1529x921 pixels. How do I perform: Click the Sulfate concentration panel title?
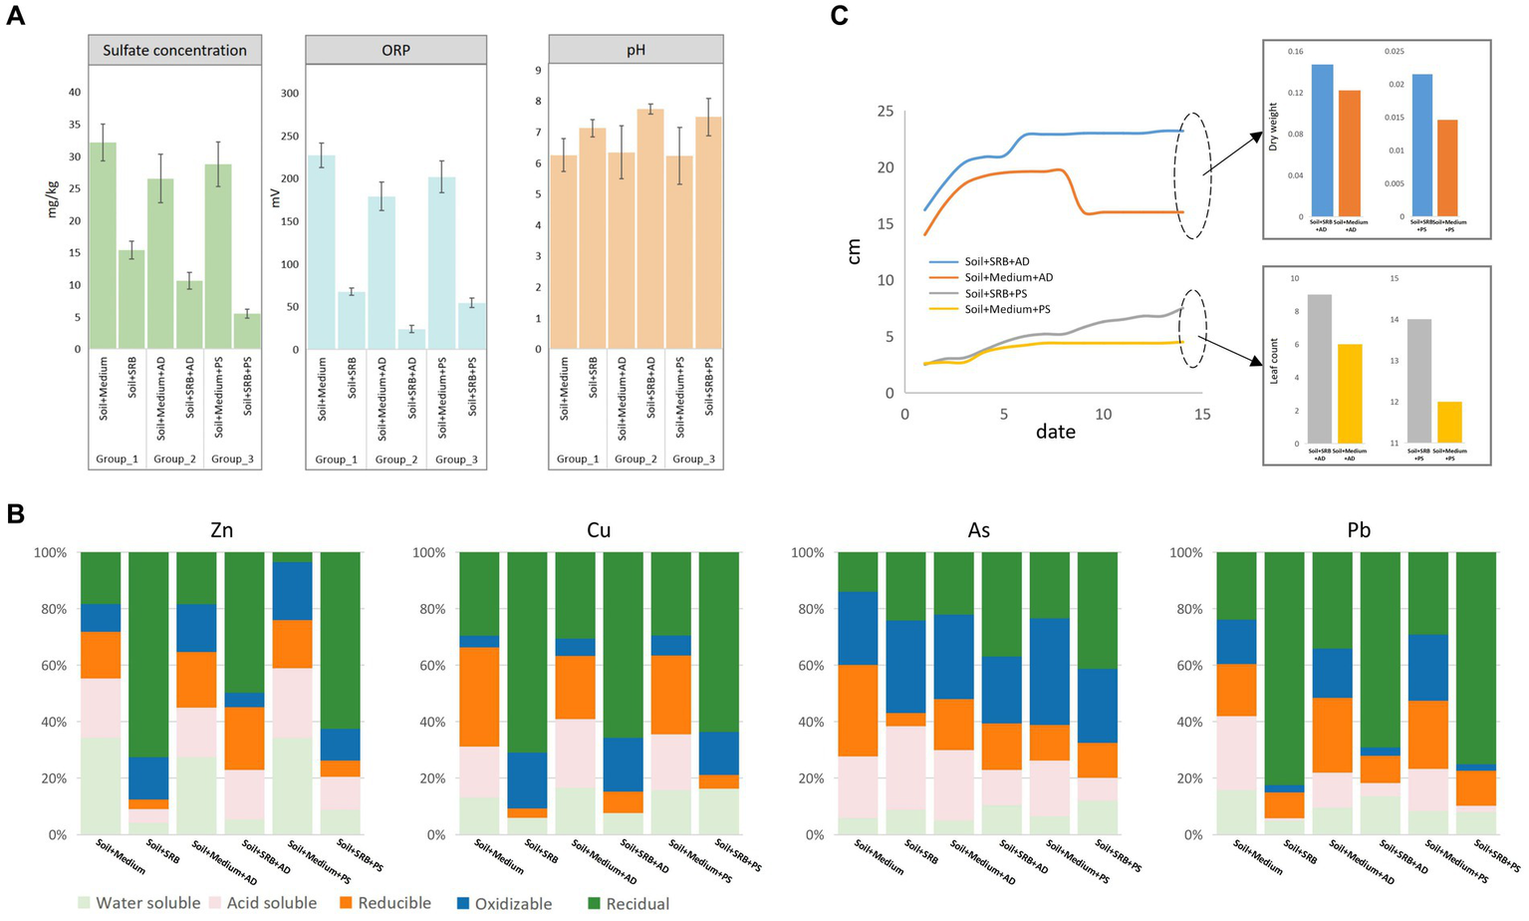point(174,51)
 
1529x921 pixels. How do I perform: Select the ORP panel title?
point(395,51)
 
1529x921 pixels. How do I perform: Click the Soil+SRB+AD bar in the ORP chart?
point(411,339)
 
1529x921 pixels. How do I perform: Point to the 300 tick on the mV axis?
point(289,94)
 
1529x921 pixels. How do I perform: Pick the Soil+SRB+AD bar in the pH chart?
point(649,229)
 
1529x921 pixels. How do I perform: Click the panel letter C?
point(839,16)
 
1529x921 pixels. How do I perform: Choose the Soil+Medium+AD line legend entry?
point(1008,278)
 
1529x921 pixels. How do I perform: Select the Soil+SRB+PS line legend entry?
point(995,294)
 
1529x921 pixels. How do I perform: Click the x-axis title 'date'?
point(1055,432)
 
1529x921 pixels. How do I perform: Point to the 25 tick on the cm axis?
point(885,111)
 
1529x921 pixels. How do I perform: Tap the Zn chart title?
point(221,530)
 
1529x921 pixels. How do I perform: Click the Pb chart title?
point(1359,530)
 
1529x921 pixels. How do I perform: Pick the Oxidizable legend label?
point(513,904)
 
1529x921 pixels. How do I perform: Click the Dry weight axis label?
point(1273,127)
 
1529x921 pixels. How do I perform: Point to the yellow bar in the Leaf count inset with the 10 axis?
point(1350,394)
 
